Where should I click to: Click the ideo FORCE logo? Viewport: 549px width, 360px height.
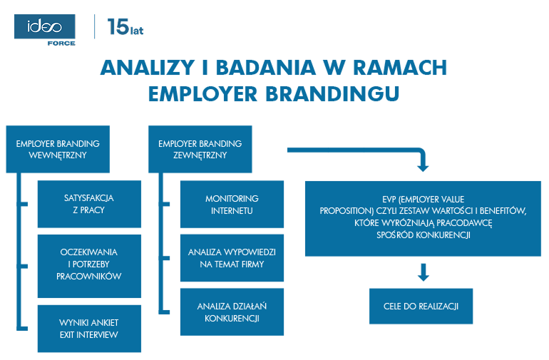pyautogui.click(x=45, y=29)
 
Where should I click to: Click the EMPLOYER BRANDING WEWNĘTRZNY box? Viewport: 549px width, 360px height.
pyautogui.click(x=58, y=149)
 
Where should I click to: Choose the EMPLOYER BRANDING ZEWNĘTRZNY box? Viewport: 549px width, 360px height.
pyautogui.click(x=200, y=149)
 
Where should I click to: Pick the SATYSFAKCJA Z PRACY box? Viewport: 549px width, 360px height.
pyautogui.click(x=89, y=203)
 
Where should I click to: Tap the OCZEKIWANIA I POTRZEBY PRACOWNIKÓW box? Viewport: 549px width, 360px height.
pyautogui.click(x=89, y=264)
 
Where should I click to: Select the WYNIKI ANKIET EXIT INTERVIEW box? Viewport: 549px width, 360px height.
pyautogui.click(x=89, y=329)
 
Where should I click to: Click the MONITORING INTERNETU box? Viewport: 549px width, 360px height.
pyautogui.click(x=232, y=204)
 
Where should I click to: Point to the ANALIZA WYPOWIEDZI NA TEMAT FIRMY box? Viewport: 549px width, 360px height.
pyautogui.click(x=232, y=258)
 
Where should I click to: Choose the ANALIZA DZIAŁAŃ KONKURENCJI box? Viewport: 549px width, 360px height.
pyautogui.click(x=232, y=312)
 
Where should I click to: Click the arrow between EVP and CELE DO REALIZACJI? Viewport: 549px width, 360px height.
pyautogui.click(x=422, y=272)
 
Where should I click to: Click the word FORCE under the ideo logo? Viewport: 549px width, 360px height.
pyautogui.click(x=61, y=43)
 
